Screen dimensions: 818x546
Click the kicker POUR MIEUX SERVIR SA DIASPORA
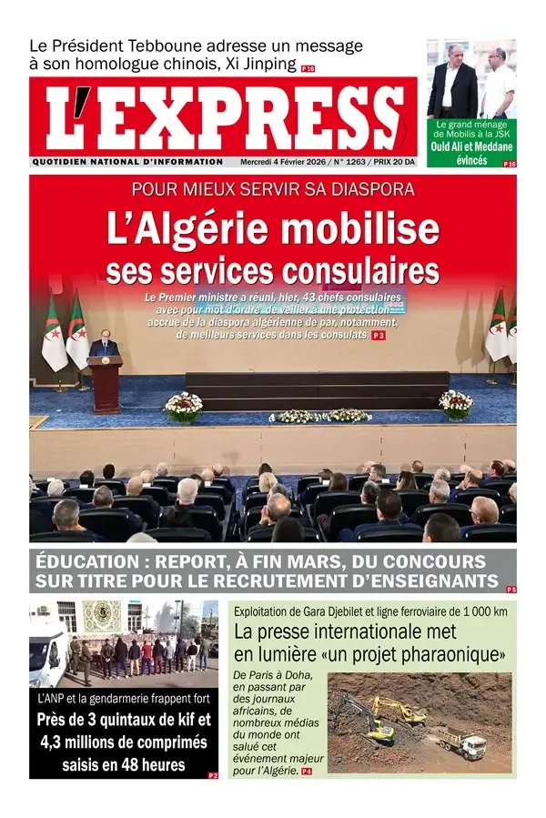pyautogui.click(x=273, y=190)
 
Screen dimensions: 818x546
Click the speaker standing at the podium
pyautogui.click(x=105, y=345)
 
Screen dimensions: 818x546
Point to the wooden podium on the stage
pyautogui.click(x=106, y=382)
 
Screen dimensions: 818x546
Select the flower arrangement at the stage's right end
pyautogui.click(x=456, y=403)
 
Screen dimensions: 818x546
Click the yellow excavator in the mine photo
pyautogui.click(x=399, y=711)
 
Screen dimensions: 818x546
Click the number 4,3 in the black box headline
pyautogui.click(x=54, y=742)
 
